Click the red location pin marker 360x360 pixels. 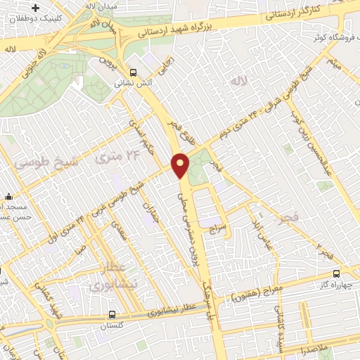pyautogui.click(x=181, y=165)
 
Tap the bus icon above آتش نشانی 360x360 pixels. pyautogui.click(x=134, y=72)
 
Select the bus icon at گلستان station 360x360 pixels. pyautogui.click(x=113, y=316)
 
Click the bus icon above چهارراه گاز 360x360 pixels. pyautogui.click(x=336, y=273)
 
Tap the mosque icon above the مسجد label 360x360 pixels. pyautogui.click(x=7, y=196)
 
